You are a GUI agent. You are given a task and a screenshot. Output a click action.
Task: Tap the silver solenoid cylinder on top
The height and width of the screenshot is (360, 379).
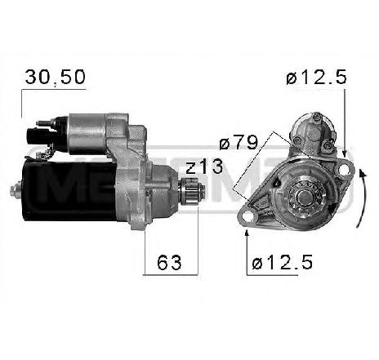coord(90,127)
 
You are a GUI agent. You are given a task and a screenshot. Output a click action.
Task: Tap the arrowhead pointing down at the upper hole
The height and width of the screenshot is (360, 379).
coord(346,153)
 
